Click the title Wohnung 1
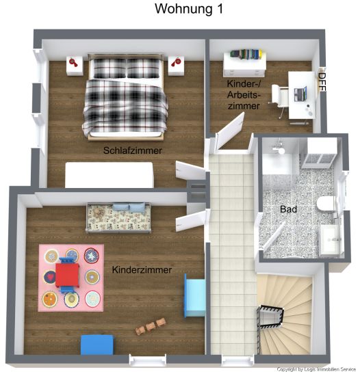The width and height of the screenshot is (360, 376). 189,9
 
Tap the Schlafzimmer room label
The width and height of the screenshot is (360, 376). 133,150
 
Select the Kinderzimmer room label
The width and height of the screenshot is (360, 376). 142,270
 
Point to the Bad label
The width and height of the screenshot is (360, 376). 288,209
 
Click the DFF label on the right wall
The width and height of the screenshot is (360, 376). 322,82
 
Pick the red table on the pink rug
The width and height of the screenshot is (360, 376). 67,275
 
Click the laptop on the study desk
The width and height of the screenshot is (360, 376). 300,94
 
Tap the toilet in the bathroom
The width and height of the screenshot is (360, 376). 325,204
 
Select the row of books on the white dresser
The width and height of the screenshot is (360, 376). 246,54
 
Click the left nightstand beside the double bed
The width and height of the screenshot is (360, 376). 75,66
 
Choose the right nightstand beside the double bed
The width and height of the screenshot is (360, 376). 176,66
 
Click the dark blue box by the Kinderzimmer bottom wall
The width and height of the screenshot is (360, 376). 97,345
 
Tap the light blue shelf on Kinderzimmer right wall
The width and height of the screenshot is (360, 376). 195,295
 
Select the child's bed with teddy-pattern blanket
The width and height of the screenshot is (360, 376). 118,218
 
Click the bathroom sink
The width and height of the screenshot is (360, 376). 331,239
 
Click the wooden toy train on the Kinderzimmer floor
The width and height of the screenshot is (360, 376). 151,326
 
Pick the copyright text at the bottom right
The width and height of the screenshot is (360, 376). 316,369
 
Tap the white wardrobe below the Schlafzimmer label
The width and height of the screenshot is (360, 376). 110,175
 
